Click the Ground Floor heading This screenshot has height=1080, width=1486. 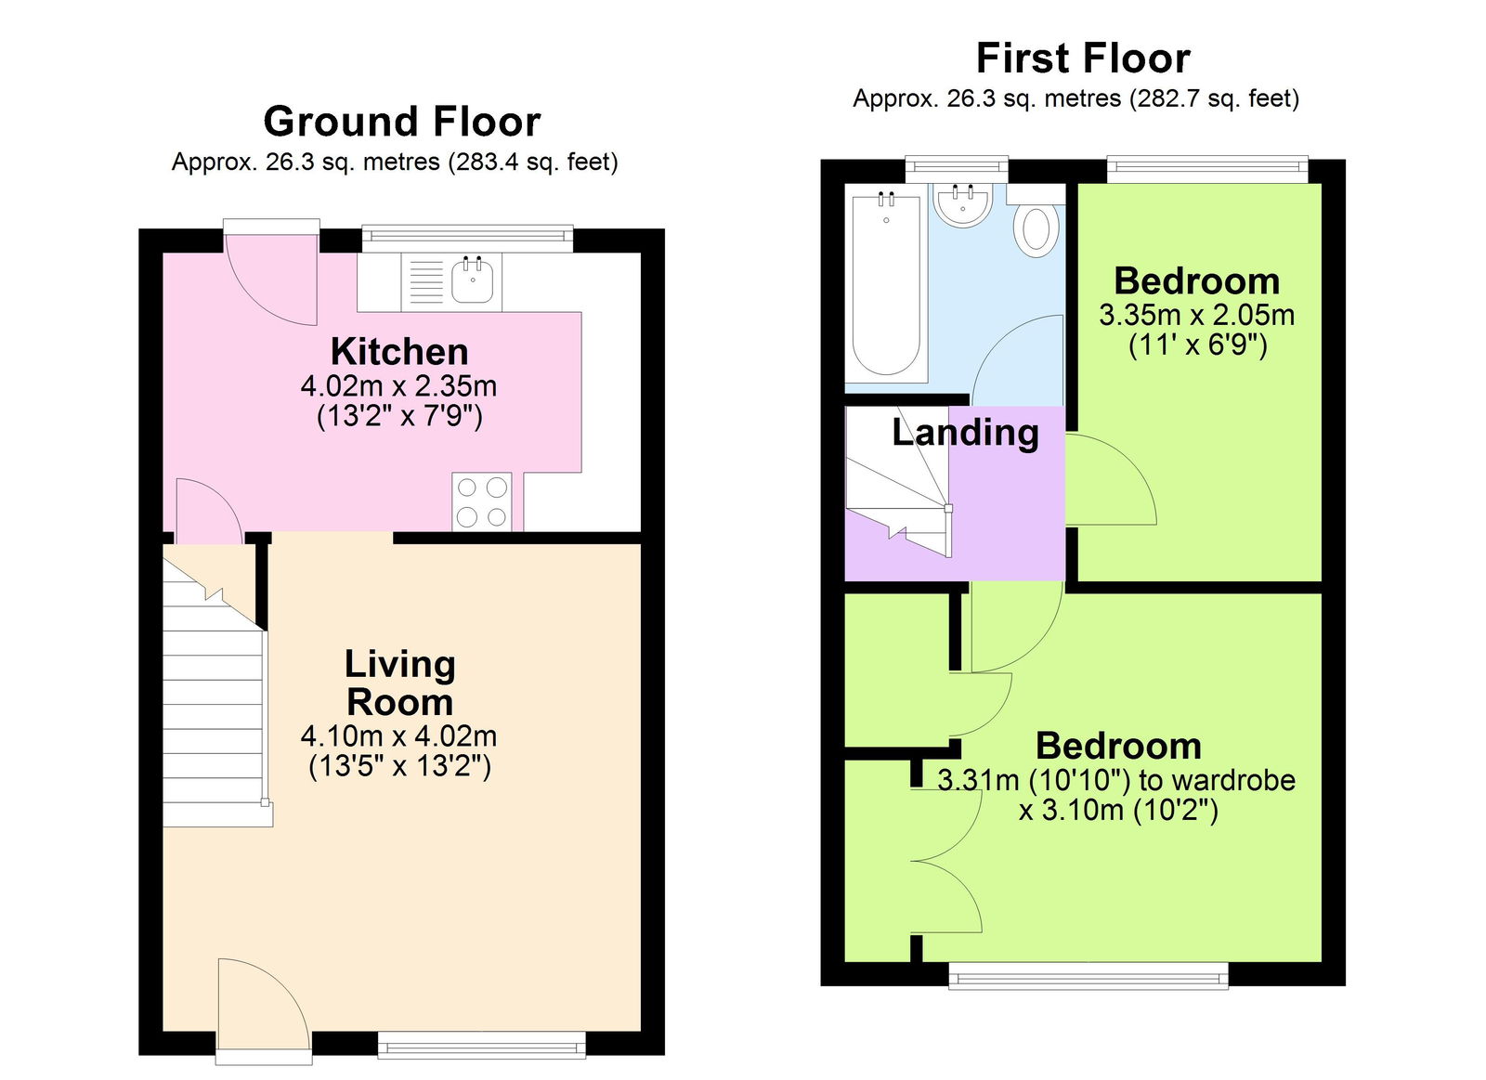tap(401, 122)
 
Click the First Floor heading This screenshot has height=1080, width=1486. tap(1083, 59)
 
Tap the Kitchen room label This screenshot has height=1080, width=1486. tap(399, 352)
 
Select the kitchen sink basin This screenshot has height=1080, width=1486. tap(473, 280)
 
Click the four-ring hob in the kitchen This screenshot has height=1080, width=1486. tap(482, 501)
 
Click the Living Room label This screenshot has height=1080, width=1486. tap(399, 683)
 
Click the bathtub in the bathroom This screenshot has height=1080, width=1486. tap(886, 283)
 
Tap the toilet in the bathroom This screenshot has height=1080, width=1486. tap(1036, 229)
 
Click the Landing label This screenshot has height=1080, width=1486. tap(965, 433)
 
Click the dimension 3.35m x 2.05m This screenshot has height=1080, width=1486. tap(1196, 315)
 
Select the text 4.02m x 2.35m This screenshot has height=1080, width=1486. tap(398, 385)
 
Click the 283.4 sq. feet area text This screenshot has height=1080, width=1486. tap(532, 163)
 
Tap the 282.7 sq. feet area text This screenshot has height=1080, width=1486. tap(1214, 98)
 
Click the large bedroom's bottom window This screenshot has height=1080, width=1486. tap(1088, 975)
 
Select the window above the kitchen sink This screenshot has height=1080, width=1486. tap(467, 239)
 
